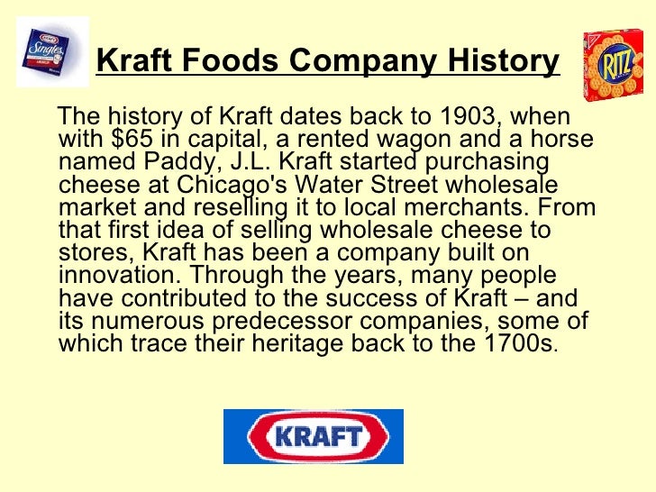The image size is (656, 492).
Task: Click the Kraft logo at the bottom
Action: click(x=313, y=436)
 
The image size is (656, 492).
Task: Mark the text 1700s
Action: click(x=521, y=342)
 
